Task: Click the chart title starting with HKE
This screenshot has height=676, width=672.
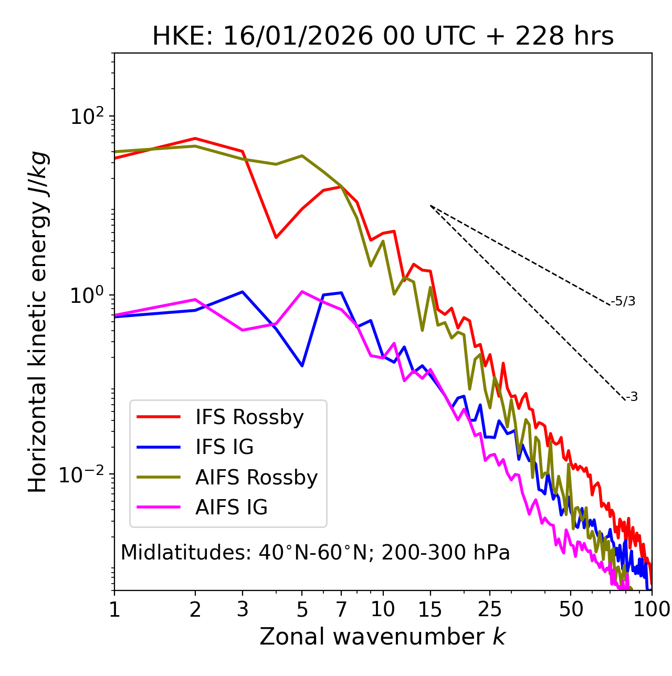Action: click(x=383, y=36)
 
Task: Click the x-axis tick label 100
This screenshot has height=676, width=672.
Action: click(x=652, y=609)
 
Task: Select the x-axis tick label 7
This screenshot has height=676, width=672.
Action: click(x=341, y=609)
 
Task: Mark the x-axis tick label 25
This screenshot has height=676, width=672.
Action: click(x=490, y=609)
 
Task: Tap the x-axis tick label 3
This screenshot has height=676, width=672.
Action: click(x=243, y=609)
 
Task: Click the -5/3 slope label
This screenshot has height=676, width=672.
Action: click(x=623, y=301)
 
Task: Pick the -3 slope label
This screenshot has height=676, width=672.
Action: click(x=632, y=397)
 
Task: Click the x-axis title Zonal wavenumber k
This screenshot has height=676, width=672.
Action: click(x=383, y=637)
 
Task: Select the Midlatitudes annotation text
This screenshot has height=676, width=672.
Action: click(x=315, y=553)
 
